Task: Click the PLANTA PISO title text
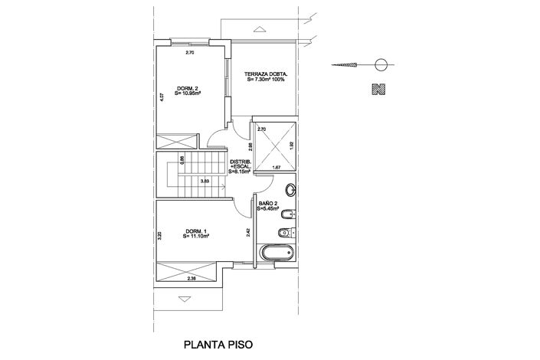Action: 217,345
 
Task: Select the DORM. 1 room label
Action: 196,234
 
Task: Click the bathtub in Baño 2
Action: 277,254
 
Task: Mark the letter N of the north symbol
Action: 377,89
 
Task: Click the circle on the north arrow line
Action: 381,64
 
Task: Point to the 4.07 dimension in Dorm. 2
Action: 162,98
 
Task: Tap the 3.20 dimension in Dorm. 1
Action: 161,236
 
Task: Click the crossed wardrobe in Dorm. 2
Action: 174,142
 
